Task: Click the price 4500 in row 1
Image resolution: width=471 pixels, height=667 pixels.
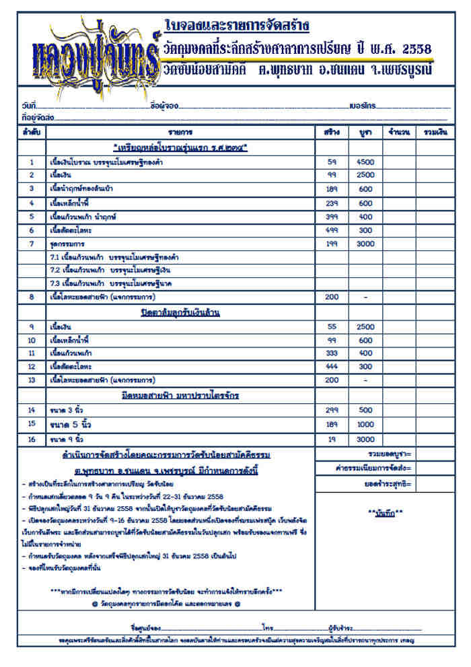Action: (x=365, y=162)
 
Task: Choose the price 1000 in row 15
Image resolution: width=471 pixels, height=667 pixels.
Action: (x=365, y=424)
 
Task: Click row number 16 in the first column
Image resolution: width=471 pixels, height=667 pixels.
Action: (x=31, y=440)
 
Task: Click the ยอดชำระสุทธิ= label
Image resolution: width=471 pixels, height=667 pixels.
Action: (x=387, y=483)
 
